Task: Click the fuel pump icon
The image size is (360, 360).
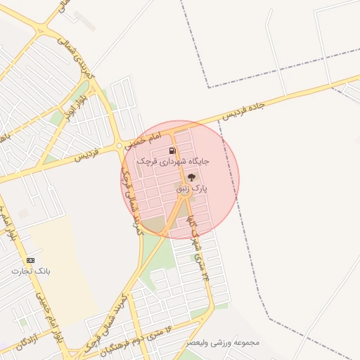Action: [172, 150]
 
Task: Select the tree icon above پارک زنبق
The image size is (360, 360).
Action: [192, 177]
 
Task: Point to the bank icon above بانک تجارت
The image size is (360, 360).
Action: [30, 259]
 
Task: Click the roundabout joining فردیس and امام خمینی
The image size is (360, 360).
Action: [120, 146]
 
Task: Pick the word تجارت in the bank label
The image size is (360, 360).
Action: [20, 270]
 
